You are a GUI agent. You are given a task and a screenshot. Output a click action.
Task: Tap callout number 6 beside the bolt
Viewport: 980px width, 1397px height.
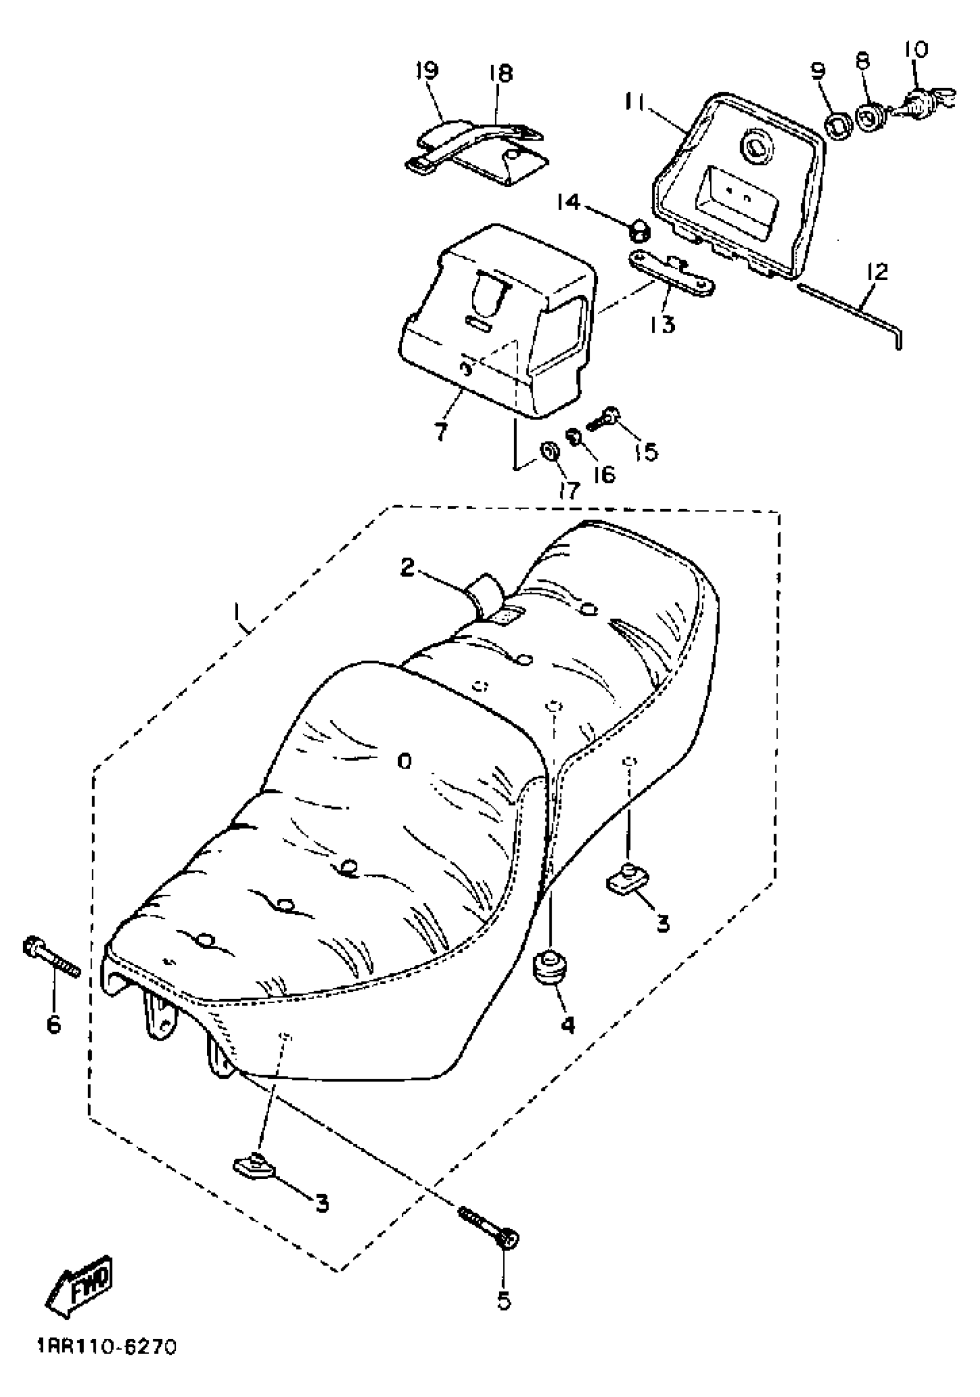coord(54,1025)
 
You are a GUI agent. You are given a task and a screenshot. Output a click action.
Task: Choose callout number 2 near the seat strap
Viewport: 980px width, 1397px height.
coord(407,568)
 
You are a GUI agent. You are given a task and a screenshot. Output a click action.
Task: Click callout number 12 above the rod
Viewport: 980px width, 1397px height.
coord(879,272)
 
